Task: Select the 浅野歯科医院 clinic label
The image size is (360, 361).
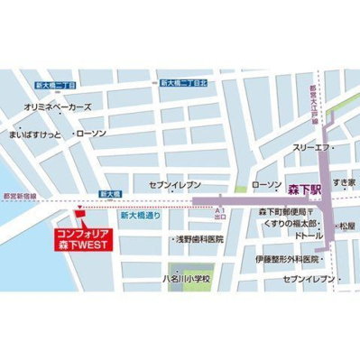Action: [x=200, y=242]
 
